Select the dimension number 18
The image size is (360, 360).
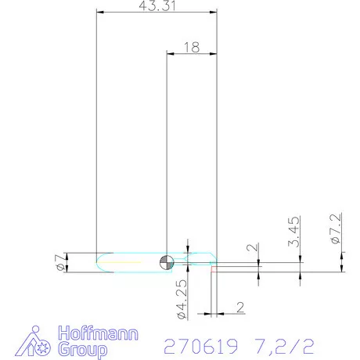coord(191,47)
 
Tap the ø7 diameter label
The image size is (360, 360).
coord(60,263)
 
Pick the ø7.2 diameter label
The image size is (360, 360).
coord(335,230)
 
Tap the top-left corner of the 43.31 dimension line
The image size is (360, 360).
coord(95,13)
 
